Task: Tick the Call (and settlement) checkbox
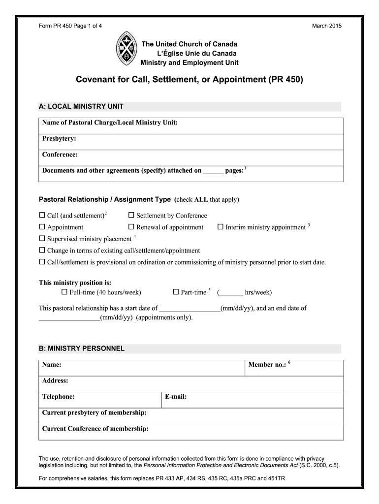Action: pyautogui.click(x=42, y=216)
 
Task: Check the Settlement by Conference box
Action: pyautogui.click(x=131, y=216)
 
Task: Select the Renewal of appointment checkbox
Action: pyautogui.click(x=131, y=227)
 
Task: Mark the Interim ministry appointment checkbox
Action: pyautogui.click(x=221, y=227)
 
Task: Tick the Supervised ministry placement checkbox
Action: pyautogui.click(x=42, y=239)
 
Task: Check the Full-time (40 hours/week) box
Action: pyautogui.click(x=64, y=292)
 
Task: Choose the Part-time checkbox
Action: pyautogui.click(x=176, y=292)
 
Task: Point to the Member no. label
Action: pyautogui.click(x=267, y=365)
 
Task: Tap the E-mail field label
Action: pyautogui.click(x=176, y=396)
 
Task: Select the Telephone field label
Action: pyautogui.click(x=59, y=396)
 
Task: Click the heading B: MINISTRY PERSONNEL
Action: pyautogui.click(x=82, y=348)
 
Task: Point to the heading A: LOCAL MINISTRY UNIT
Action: pyautogui.click(x=81, y=106)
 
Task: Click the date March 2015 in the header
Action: pyautogui.click(x=327, y=26)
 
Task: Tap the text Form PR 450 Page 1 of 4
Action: pyautogui.click(x=71, y=26)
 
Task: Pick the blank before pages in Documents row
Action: pyautogui.click(x=213, y=172)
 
